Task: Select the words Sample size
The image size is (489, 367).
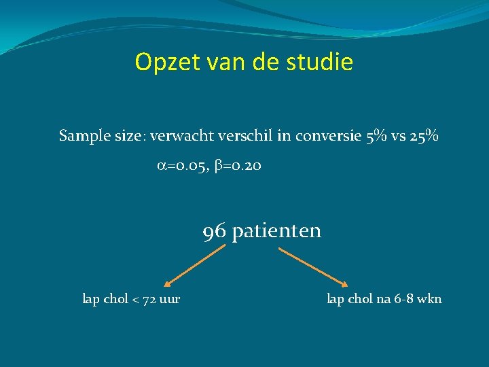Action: (x=102, y=137)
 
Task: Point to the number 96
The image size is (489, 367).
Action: (x=215, y=232)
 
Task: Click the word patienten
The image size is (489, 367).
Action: (x=276, y=232)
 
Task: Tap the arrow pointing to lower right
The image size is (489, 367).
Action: (x=314, y=266)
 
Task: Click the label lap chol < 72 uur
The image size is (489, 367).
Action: (x=131, y=298)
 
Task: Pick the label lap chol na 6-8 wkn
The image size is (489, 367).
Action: (x=384, y=298)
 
